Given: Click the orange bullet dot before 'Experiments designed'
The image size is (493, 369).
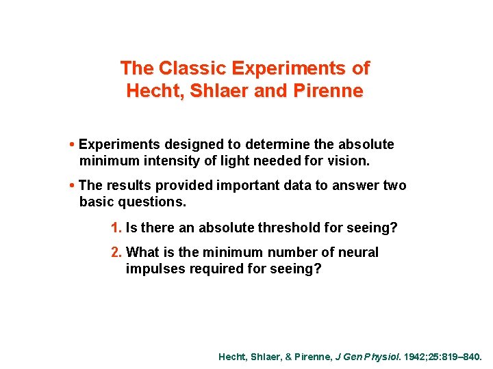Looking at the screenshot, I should click(x=73, y=145).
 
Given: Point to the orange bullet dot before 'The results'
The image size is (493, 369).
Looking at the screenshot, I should click(x=73, y=186).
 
